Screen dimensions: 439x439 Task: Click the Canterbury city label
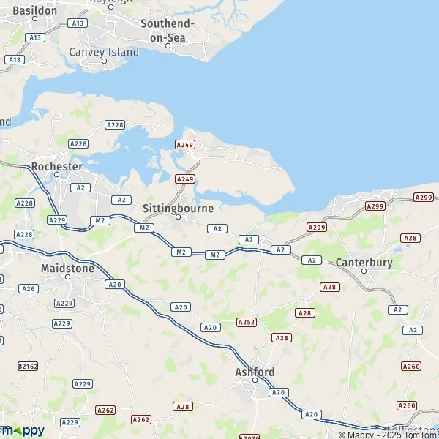364,263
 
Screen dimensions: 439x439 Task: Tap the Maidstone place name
67,269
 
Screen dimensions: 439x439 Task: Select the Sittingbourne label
178,209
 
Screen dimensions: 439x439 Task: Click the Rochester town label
56,167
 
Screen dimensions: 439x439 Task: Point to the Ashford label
255,372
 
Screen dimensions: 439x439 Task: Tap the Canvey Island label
103,53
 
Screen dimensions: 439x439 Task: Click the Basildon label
34,11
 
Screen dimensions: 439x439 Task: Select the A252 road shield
247,322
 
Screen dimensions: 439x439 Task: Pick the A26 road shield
29,288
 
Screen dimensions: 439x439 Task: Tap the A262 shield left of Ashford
141,419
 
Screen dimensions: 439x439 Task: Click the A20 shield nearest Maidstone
113,284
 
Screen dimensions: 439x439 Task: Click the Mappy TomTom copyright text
396,433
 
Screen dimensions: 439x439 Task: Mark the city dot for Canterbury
364,271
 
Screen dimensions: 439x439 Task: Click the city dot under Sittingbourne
178,217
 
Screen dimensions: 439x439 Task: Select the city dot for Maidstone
67,277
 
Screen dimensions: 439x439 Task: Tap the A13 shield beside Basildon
34,37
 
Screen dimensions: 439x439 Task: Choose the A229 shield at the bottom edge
70,422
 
